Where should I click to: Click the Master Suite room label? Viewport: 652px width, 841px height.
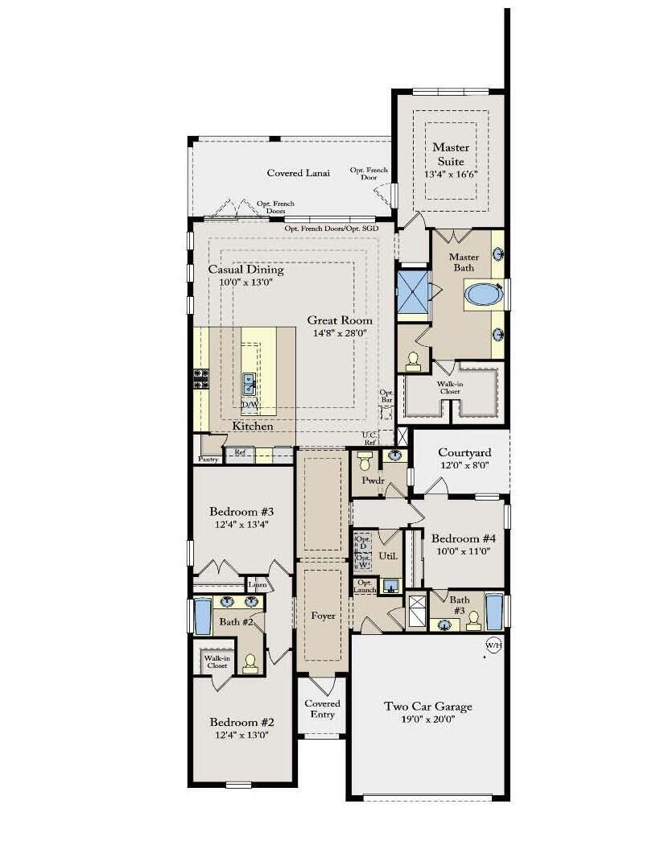450,154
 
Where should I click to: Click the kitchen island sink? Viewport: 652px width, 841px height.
250,379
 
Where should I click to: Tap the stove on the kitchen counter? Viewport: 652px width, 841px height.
200,378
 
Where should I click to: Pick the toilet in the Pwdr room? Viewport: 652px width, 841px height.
364,461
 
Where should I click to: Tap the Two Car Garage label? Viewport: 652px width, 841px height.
427,707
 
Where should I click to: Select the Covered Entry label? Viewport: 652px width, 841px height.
322,709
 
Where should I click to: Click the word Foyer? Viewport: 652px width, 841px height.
322,616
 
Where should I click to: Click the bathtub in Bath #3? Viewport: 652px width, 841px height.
493,612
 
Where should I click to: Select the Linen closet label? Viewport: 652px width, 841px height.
257,584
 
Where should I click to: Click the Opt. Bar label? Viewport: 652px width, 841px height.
386,397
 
